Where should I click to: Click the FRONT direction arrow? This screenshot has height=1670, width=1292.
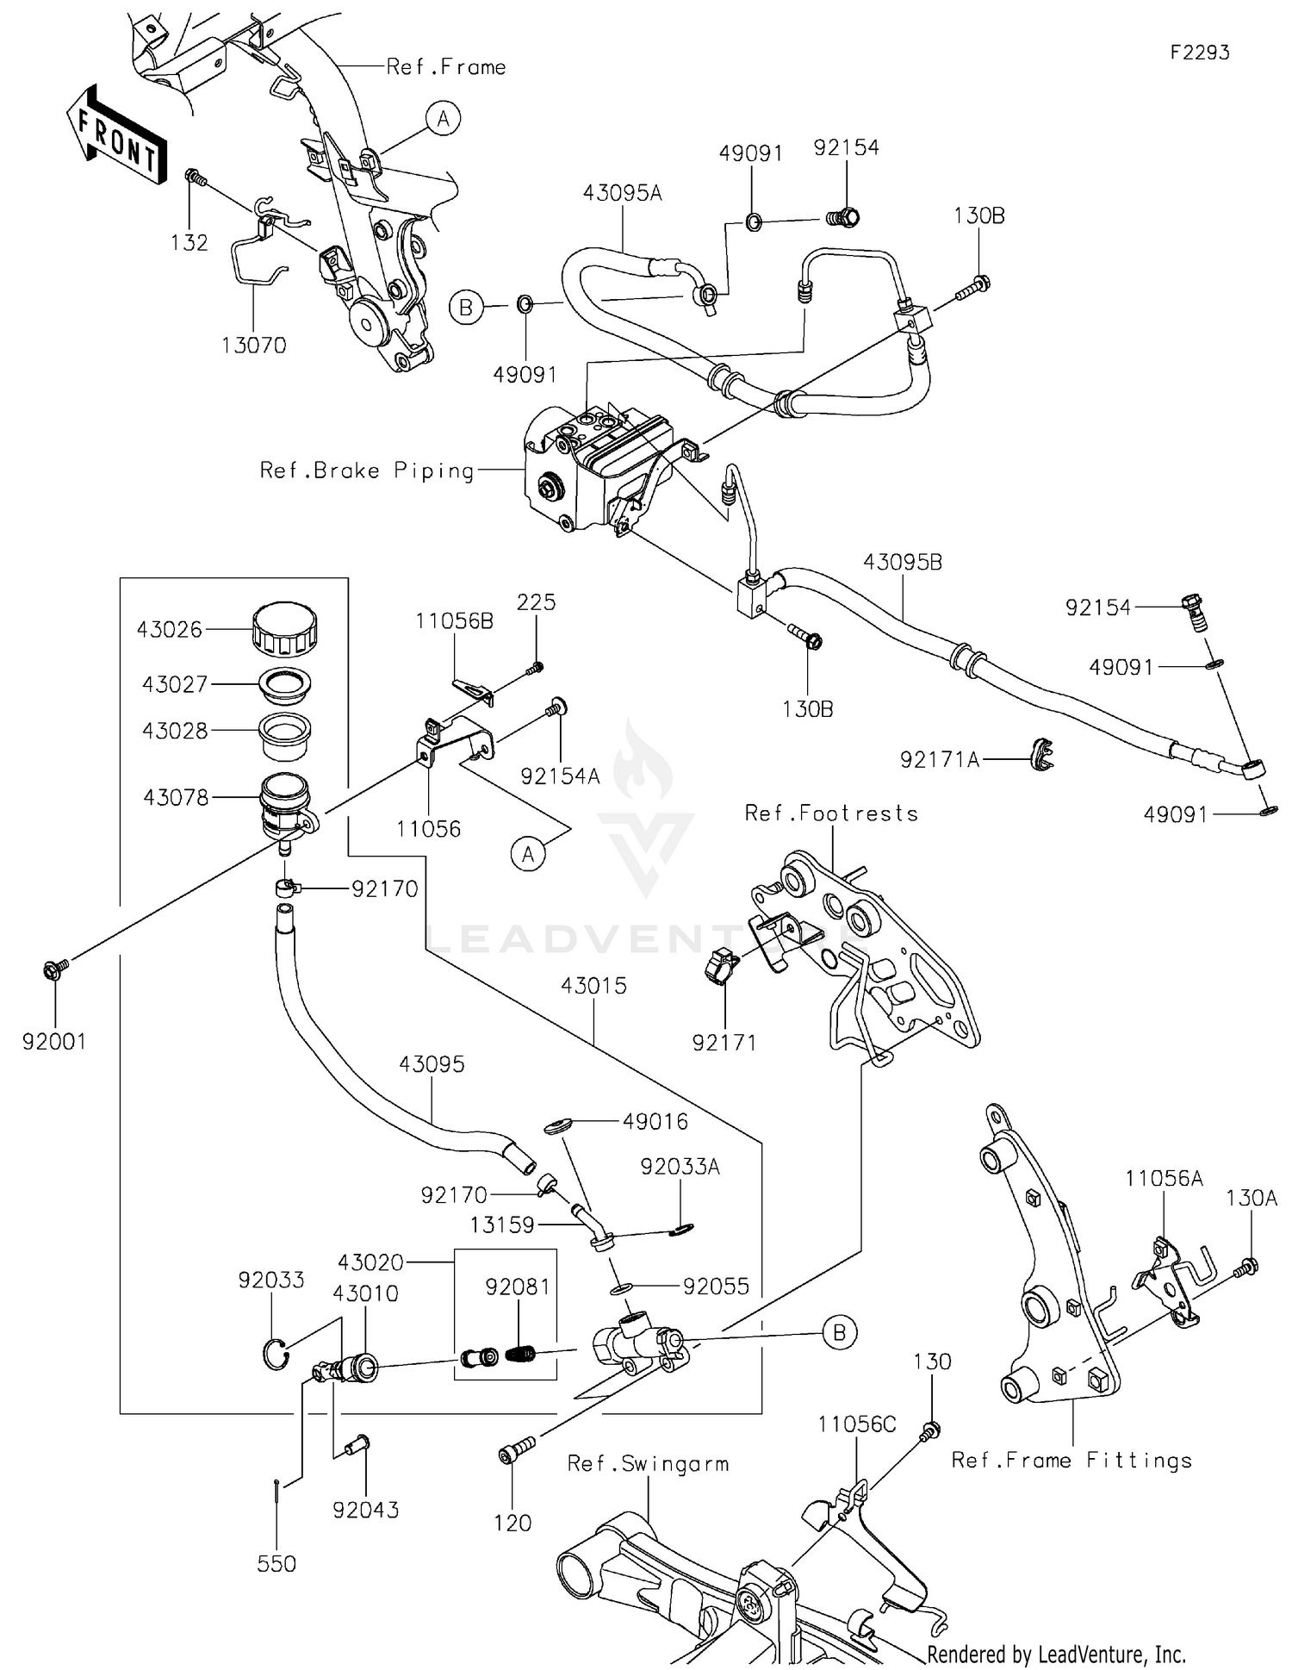click(x=115, y=135)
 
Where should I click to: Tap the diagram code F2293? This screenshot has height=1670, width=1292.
click(x=1199, y=53)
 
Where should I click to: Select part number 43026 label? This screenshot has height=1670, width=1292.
click(x=169, y=630)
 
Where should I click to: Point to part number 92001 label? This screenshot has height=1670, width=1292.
click(x=54, y=1042)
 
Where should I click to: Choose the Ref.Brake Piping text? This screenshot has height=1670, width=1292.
click(x=367, y=470)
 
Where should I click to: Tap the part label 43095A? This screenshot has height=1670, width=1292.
click(x=622, y=193)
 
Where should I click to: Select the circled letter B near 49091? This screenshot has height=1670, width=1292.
click(x=466, y=307)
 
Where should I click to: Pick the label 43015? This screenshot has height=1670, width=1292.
click(x=593, y=986)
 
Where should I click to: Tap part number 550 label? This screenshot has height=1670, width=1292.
click(x=276, y=1563)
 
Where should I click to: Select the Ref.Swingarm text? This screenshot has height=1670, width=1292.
click(x=648, y=1463)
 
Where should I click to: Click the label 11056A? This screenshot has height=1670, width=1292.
click(x=1164, y=1178)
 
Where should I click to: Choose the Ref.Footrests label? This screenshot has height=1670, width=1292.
click(x=831, y=813)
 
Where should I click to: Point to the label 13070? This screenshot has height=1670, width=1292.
click(x=253, y=346)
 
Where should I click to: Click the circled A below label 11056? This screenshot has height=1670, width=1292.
click(x=528, y=854)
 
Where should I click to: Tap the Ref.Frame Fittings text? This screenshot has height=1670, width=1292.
click(x=1071, y=1460)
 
